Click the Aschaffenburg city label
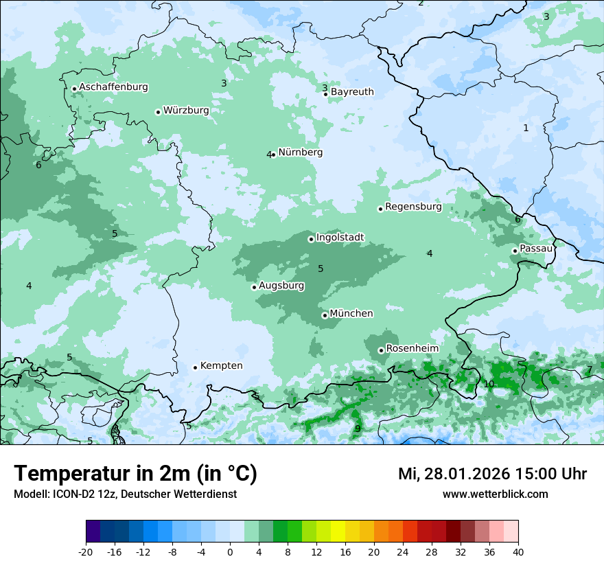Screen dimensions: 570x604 coord(113,87)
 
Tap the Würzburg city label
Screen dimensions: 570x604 coord(186,111)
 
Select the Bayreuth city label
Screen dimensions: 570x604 coord(352,92)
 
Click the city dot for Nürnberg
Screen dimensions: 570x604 coord(273,155)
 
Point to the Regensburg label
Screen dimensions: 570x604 coord(413,207)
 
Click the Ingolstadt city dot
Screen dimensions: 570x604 coord(311,239)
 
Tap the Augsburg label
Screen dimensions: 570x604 coord(281,286)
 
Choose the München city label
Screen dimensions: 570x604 coord(351,314)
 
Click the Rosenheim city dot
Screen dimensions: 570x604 coord(381,350)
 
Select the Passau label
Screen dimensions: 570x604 coord(536,249)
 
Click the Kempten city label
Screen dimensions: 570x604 coord(221,366)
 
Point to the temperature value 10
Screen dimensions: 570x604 coord(489,384)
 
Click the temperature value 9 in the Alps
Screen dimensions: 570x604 coord(358,429)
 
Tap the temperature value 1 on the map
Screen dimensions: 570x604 coord(526,128)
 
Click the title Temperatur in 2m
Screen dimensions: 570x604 coord(135,474)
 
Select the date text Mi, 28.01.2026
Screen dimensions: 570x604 coord(453,474)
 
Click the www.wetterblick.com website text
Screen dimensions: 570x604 coord(495,494)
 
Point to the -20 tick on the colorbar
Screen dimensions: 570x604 coord(86,551)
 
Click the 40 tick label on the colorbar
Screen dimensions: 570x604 coord(518,551)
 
